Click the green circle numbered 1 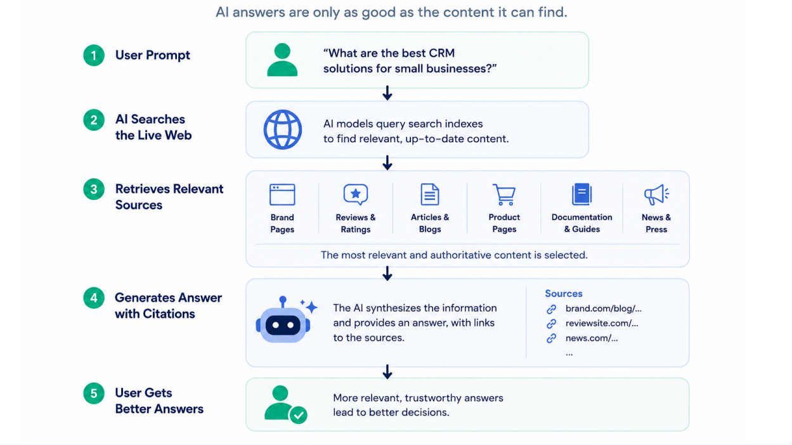[x=94, y=55]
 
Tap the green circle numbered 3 [x=94, y=189]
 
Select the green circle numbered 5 [x=94, y=393]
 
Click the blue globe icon [x=283, y=130]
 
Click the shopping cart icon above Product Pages [x=504, y=194]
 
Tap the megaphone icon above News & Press [x=656, y=194]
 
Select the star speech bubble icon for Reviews [x=356, y=194]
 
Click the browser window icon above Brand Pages [x=282, y=194]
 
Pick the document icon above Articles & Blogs [x=430, y=194]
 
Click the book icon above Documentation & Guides [x=581, y=194]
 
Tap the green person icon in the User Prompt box [x=282, y=60]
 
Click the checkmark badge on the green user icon [x=299, y=415]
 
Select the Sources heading [x=564, y=293]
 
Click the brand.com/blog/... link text [x=603, y=309]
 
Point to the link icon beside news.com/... [x=551, y=338]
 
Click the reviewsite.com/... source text [x=602, y=323]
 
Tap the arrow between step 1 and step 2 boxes [x=387, y=93]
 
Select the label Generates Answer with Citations [x=168, y=305]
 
